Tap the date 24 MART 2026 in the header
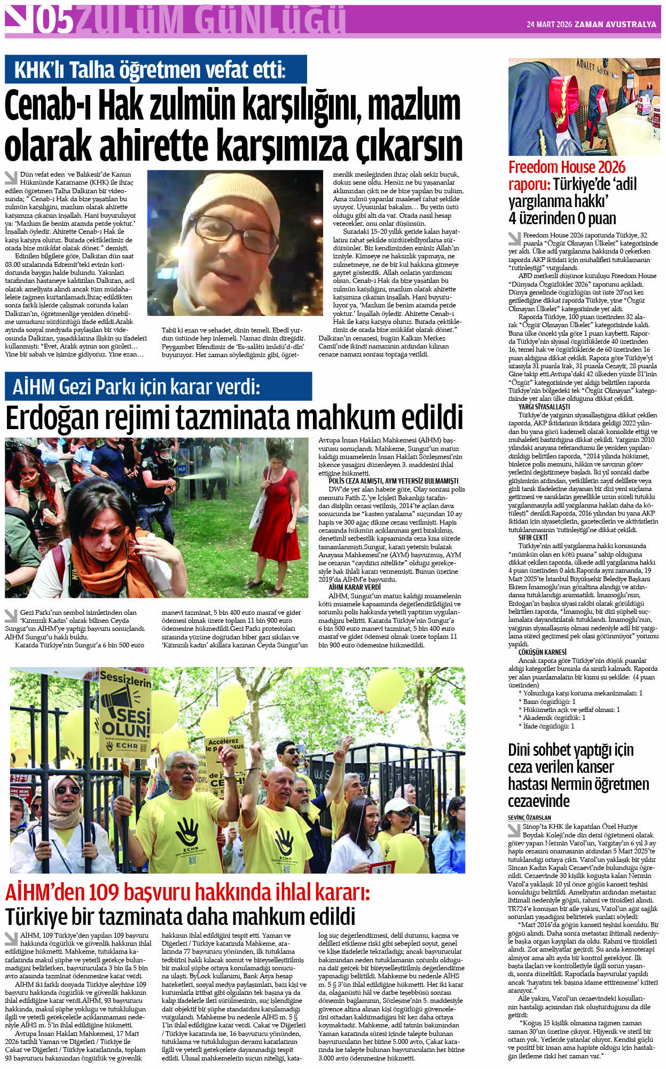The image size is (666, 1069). click(549, 25)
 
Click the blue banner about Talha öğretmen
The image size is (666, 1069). click(155, 69)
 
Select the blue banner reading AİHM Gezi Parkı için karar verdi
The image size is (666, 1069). click(158, 386)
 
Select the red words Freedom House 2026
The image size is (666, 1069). click(566, 167)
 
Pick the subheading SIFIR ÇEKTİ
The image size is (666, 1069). click(532, 537)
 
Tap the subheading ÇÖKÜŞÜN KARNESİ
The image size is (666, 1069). click(542, 652)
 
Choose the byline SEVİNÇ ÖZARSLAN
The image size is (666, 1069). click(529, 817)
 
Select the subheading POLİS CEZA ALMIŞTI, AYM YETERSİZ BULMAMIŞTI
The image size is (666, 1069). click(393, 481)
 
